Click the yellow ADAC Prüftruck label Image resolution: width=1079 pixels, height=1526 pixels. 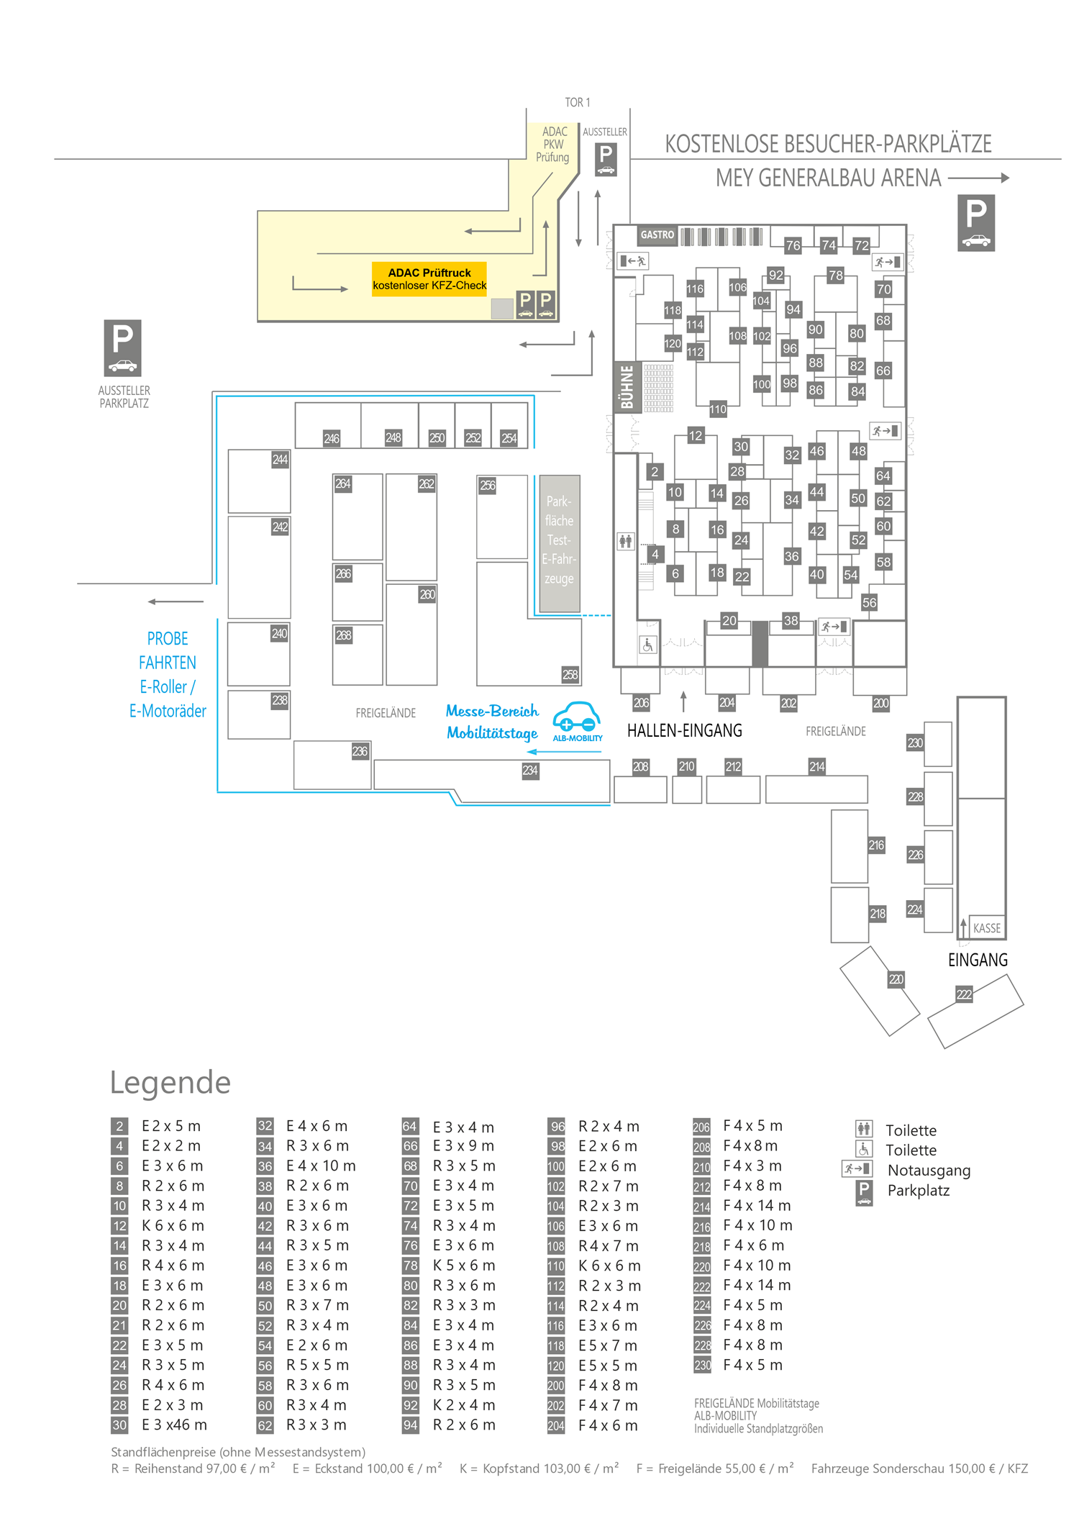(x=429, y=279)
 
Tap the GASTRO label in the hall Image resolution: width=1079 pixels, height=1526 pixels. (x=657, y=235)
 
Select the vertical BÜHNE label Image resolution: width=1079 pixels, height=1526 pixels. (x=627, y=386)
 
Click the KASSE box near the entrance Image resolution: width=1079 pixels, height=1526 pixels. (x=986, y=928)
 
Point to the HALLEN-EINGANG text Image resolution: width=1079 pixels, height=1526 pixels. (x=684, y=731)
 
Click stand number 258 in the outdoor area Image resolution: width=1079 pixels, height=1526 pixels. (x=570, y=675)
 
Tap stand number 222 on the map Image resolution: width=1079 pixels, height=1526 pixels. (x=964, y=994)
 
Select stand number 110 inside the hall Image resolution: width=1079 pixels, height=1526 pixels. (x=717, y=409)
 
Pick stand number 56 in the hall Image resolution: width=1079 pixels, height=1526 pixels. (x=869, y=603)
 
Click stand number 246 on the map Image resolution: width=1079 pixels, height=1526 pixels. (x=331, y=438)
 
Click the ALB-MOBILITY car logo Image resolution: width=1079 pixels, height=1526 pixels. (x=577, y=720)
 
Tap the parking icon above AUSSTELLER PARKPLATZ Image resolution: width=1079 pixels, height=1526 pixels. (x=122, y=348)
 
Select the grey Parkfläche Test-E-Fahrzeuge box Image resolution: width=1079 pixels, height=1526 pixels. (x=560, y=543)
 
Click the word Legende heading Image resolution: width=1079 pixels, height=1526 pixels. (x=170, y=1082)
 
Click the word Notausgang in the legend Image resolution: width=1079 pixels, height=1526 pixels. (x=929, y=1171)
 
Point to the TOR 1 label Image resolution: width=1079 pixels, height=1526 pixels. (x=577, y=103)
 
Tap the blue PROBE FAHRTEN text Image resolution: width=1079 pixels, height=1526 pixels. (x=168, y=650)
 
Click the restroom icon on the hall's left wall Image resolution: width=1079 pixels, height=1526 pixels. (x=626, y=541)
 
